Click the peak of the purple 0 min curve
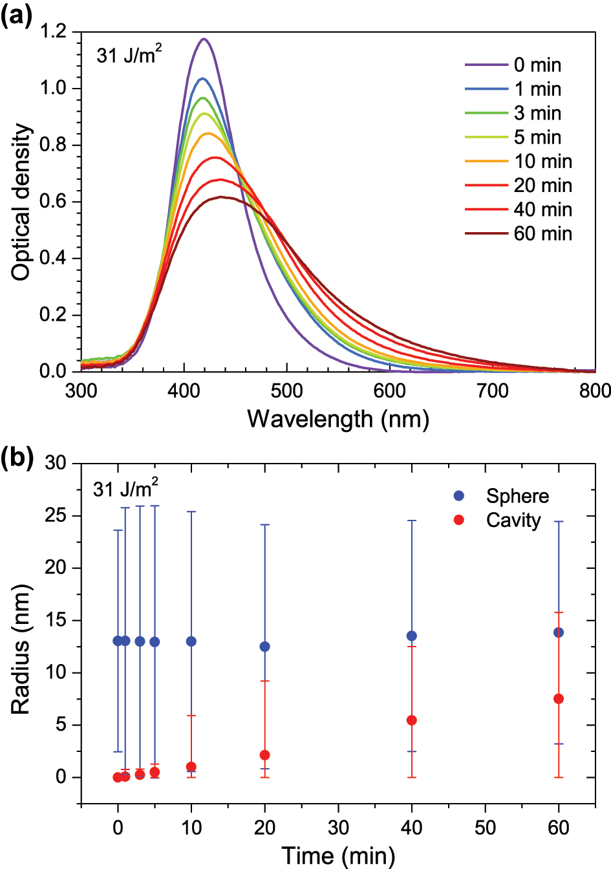204,39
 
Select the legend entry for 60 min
518,233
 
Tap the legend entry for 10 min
518,161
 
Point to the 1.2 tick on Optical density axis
54,32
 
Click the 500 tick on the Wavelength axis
287,391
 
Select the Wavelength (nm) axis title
338,419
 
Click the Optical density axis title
21,202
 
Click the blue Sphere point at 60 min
559,632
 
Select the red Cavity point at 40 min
412,720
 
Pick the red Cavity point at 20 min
264,755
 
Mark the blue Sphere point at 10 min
191,641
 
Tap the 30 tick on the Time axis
338,828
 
